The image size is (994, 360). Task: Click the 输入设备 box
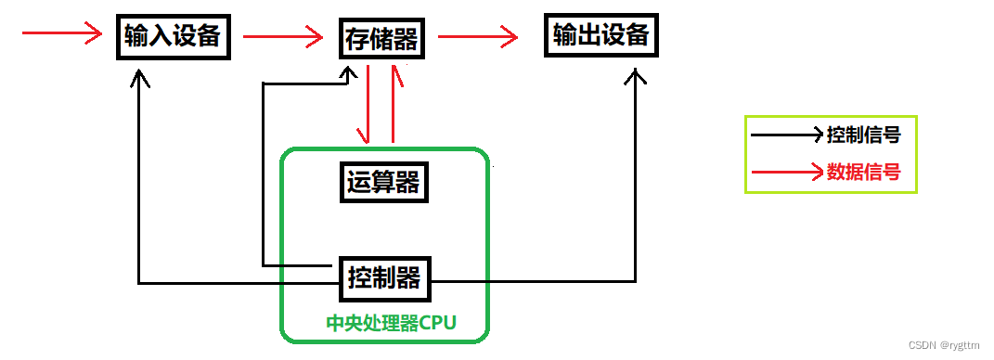(x=174, y=36)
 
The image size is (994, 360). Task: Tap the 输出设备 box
(x=600, y=36)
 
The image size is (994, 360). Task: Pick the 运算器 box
(x=383, y=183)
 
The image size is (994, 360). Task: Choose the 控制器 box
(x=383, y=276)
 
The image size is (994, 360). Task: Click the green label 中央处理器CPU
(x=393, y=324)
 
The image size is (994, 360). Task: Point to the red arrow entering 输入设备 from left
(x=61, y=35)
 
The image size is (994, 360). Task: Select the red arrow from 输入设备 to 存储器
(x=283, y=38)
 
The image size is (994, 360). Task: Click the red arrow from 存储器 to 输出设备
(x=477, y=38)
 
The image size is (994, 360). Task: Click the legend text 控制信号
(x=863, y=135)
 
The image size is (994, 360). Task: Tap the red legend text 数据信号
(x=863, y=172)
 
